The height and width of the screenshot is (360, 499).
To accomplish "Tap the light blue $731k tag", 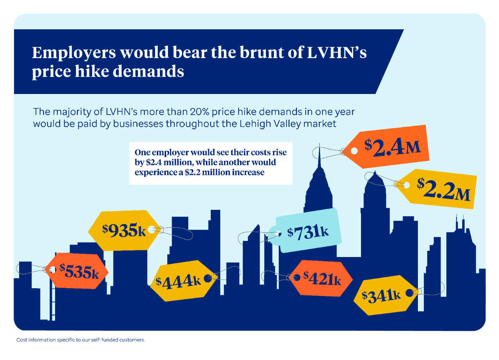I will click(x=308, y=231).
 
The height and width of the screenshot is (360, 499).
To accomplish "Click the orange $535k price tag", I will click(x=78, y=271).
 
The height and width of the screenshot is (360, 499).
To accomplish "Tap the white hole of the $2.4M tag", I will click(x=354, y=151).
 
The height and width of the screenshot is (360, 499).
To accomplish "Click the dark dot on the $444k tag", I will click(x=208, y=278).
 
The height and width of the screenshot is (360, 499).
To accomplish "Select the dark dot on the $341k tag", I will click(x=409, y=293).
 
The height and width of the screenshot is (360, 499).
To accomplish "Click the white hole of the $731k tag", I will click(x=279, y=234).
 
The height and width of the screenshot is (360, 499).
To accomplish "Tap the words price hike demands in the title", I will click(x=108, y=72).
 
